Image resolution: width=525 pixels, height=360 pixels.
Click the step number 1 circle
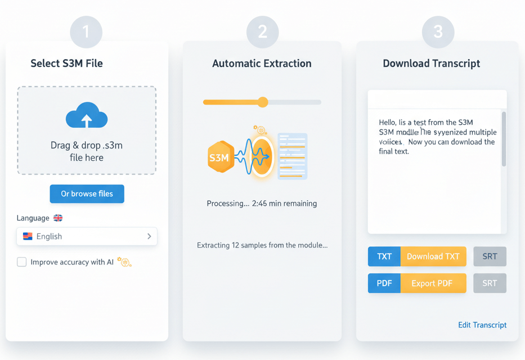[x=86, y=31]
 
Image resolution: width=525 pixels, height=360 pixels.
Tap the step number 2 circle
[x=262, y=31]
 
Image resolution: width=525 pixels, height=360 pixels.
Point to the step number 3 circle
[x=438, y=31]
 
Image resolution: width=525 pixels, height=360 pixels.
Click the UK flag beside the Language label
[x=58, y=218]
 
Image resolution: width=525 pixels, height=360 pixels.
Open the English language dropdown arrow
[x=149, y=236]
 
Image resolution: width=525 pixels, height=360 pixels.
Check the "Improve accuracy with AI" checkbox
[x=22, y=262]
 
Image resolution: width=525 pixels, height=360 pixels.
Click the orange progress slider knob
[x=263, y=102]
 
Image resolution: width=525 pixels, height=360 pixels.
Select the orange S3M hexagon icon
[x=219, y=157]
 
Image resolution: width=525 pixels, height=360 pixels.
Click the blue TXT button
[x=384, y=256]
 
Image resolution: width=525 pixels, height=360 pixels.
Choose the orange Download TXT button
[x=433, y=256]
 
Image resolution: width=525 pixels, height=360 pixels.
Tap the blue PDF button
[x=384, y=283]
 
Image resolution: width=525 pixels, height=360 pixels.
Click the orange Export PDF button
[x=433, y=283]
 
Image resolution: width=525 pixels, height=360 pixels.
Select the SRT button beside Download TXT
[x=490, y=256]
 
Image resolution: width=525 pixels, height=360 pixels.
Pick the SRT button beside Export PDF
[x=490, y=283]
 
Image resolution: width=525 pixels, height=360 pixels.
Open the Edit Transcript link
[x=482, y=325]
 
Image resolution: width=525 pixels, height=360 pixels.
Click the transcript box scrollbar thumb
[x=504, y=138]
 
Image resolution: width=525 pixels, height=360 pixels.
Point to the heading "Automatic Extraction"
[x=262, y=64]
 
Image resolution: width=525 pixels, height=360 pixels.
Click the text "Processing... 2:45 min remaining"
[x=262, y=204]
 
